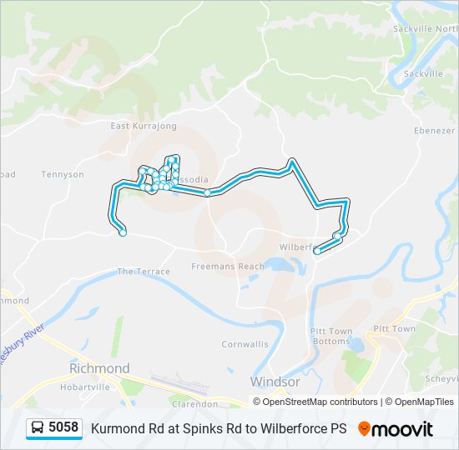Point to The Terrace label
[x=144, y=272]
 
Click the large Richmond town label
[x=99, y=368]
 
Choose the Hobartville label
[x=85, y=387]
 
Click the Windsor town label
[x=275, y=382]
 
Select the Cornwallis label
[x=245, y=344]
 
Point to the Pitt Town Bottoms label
[x=330, y=336]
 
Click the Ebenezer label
[x=435, y=131]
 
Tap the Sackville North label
[x=426, y=28]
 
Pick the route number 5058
[x=63, y=428]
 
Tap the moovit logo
[x=396, y=428]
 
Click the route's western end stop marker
[x=123, y=233]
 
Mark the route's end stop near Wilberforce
[x=316, y=251]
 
